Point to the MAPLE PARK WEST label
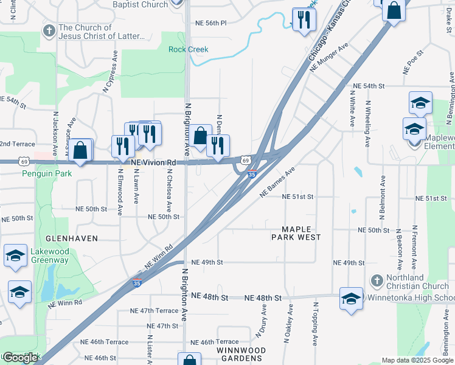click(292, 232)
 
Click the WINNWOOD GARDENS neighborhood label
click(241, 354)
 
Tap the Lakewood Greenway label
click(41, 255)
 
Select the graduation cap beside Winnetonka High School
click(351, 298)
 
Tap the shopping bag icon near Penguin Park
click(80, 150)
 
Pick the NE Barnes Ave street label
click(277, 181)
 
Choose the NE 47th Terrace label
click(154, 310)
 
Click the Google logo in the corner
click(20, 358)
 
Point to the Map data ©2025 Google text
click(417, 360)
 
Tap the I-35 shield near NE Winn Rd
click(137, 283)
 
